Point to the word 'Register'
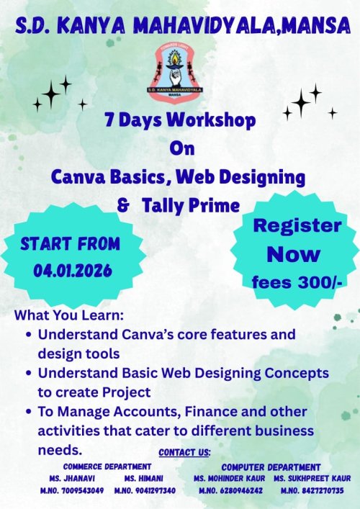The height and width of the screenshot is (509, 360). point(297,225)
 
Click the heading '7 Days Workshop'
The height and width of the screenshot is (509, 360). point(179,120)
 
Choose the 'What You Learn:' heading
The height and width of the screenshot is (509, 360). point(69,316)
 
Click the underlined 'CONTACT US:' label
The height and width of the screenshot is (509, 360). point(184,453)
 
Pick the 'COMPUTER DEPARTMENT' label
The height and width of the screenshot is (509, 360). point(271,467)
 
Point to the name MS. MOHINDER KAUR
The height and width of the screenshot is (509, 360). point(229,478)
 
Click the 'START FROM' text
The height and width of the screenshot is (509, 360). point(70,244)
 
